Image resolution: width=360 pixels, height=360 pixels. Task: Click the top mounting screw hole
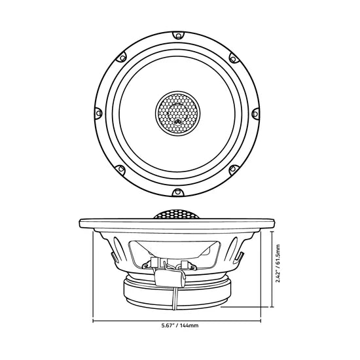click(x=178, y=35)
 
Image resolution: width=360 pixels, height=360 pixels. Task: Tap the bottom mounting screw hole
click(x=177, y=192)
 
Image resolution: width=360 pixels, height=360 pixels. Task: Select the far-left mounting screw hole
click(x=99, y=113)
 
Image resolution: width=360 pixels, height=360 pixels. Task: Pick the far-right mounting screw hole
click(x=255, y=114)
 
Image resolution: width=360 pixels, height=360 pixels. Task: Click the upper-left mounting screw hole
click(x=122, y=58)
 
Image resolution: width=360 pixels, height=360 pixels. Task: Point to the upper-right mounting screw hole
click(x=233, y=59)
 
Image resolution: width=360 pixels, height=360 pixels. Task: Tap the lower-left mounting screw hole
click(x=121, y=169)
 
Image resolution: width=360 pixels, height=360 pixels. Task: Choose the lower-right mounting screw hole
click(x=233, y=170)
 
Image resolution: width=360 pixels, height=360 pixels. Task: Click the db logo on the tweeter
click(x=177, y=122)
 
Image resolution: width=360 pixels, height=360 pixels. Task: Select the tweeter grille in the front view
click(x=177, y=113)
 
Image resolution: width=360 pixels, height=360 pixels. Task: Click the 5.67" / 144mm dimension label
click(x=180, y=325)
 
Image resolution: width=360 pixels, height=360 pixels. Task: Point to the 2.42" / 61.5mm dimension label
click(x=278, y=263)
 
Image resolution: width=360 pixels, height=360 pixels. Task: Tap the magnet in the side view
click(x=177, y=293)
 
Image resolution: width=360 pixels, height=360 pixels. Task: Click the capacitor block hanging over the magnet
click(x=170, y=278)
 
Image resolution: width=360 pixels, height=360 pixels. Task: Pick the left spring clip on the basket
click(x=113, y=256)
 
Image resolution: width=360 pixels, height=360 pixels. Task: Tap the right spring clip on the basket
click(x=241, y=256)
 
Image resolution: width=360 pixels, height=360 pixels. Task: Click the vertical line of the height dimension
click(x=272, y=269)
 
